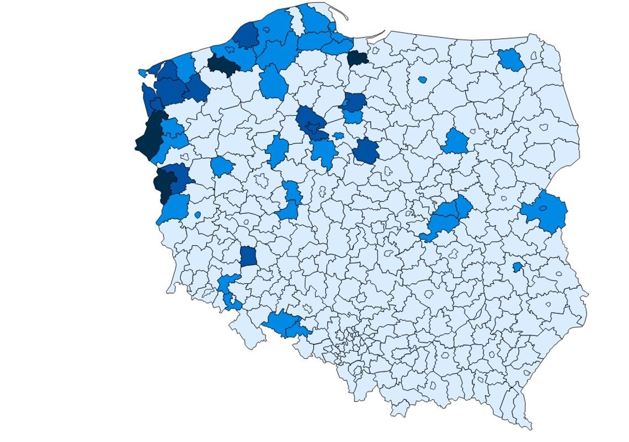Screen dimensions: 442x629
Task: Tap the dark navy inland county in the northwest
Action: (x=223, y=64)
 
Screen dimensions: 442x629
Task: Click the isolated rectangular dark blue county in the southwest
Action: (x=248, y=256)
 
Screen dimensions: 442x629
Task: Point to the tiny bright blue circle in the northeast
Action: (x=423, y=79)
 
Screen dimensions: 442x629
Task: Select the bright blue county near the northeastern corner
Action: (x=511, y=60)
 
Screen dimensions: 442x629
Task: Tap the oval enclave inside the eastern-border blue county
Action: (x=543, y=208)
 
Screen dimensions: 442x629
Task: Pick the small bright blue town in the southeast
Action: (x=517, y=267)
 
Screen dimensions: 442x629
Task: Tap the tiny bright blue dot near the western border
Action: (x=198, y=214)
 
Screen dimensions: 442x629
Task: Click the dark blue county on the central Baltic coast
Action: (x=246, y=36)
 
